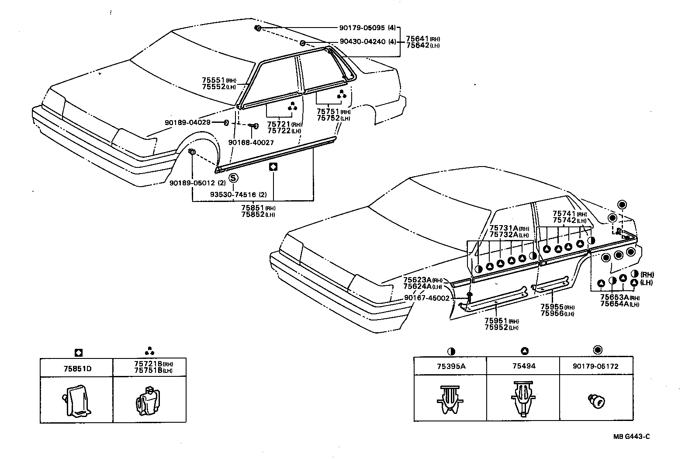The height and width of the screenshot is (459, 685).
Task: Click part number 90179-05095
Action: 362,28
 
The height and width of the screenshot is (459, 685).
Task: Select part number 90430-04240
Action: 362,42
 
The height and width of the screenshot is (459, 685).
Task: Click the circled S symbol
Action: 233,178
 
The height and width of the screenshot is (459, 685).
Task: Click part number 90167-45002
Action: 426,298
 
